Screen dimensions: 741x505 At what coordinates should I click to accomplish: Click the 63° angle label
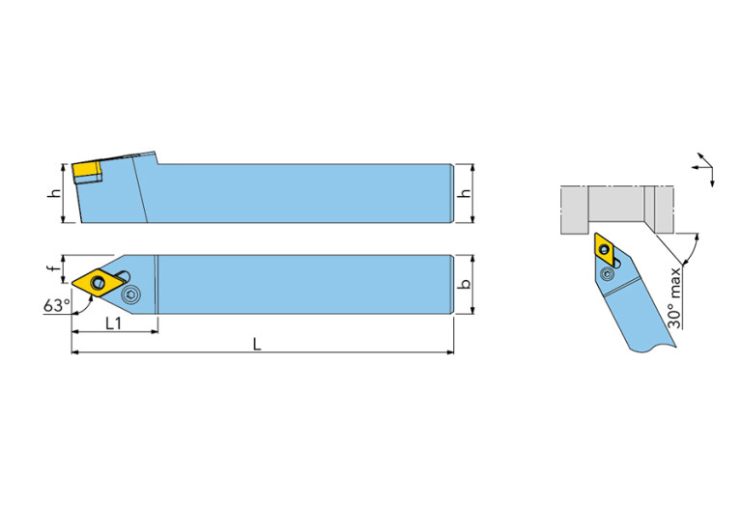point(56,305)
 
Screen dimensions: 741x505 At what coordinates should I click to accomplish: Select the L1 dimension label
point(113,323)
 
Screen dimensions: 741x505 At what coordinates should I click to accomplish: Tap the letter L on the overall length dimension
point(257,344)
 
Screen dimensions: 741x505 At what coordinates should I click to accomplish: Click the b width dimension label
point(466,284)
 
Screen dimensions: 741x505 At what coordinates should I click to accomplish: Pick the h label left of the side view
point(55,193)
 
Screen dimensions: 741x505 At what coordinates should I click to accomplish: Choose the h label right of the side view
point(466,193)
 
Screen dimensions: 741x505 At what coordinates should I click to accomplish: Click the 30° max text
point(675,297)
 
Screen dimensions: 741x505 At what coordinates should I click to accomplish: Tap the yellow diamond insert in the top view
point(99,283)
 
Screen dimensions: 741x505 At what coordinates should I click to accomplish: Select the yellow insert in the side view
point(87,173)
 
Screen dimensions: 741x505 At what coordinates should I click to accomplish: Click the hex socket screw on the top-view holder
point(130,296)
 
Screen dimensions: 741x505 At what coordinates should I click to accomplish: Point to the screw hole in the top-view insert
point(99,283)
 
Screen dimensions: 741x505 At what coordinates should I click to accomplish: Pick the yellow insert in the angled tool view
point(606,249)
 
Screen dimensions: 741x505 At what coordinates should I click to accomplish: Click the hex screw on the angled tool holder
point(607,273)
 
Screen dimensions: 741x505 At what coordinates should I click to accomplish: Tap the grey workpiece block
point(616,210)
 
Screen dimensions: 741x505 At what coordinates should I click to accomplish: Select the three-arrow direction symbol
point(704,169)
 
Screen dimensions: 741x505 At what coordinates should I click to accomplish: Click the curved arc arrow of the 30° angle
point(694,249)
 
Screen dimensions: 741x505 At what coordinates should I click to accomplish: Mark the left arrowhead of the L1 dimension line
point(75,331)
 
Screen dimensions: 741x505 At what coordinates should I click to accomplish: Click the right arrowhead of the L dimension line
point(449,351)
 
